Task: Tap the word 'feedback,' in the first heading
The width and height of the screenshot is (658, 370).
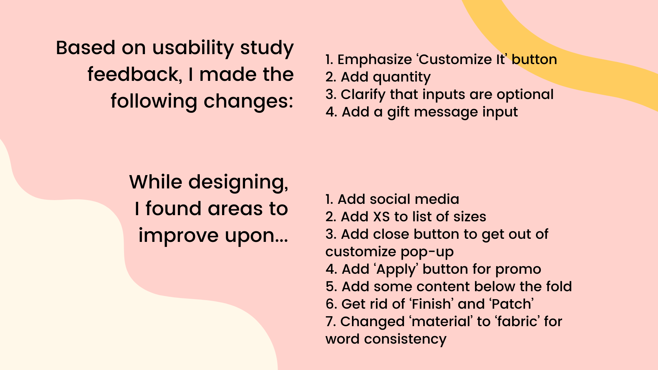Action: pyautogui.click(x=134, y=75)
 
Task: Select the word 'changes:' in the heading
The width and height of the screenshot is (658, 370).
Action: pyautogui.click(x=248, y=101)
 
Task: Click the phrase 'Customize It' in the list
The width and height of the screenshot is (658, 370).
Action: pyautogui.click(x=461, y=60)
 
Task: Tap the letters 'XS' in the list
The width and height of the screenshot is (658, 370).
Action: pyautogui.click(x=381, y=217)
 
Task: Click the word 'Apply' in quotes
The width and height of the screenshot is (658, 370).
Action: pyautogui.click(x=397, y=270)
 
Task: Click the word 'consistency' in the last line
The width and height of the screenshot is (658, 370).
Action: pyautogui.click(x=405, y=340)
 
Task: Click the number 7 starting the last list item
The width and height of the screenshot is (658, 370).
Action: pyautogui.click(x=330, y=322)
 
